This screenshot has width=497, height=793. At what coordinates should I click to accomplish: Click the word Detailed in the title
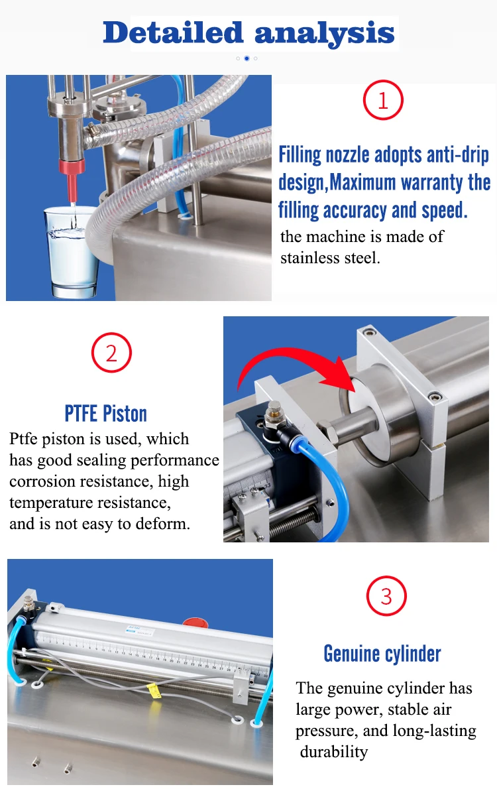[x=173, y=32]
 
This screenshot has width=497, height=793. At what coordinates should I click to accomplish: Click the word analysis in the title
[x=324, y=33]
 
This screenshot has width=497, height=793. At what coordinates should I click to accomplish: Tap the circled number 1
[x=383, y=100]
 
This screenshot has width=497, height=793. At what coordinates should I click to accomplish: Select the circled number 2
[x=112, y=353]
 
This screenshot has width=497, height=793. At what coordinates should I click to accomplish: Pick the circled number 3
[x=386, y=596]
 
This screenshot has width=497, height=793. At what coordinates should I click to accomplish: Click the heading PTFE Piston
[x=105, y=414]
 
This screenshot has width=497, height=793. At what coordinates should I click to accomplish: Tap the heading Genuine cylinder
[x=382, y=653]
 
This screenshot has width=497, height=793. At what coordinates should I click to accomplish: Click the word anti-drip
[x=458, y=154]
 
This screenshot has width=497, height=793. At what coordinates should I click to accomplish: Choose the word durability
[x=334, y=752]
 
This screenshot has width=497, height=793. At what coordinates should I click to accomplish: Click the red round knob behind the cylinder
[x=193, y=621]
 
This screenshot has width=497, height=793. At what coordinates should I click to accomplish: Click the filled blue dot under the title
[x=247, y=58]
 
